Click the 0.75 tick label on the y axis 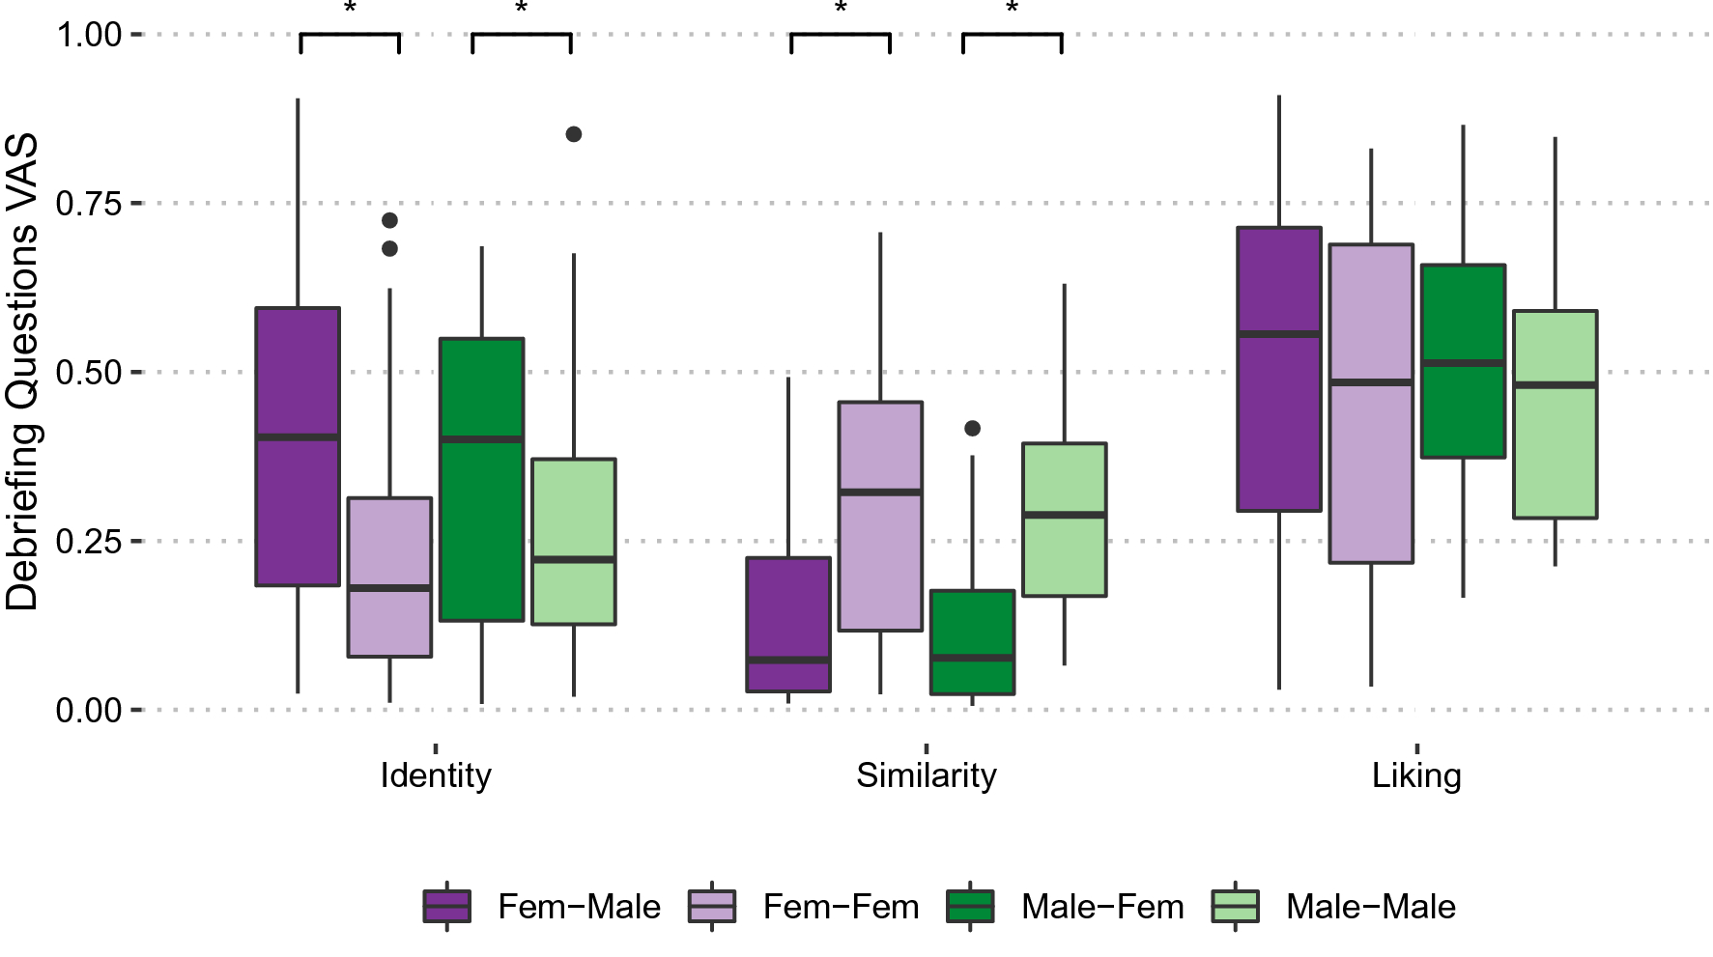(x=89, y=204)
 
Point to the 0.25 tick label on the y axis (x=89, y=541)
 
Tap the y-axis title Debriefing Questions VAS (x=23, y=372)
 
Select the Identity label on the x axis (x=436, y=775)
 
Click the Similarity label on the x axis (x=926, y=775)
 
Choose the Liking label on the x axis (x=1416, y=775)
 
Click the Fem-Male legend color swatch (x=447, y=907)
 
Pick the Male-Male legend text (x=1370, y=907)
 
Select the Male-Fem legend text (x=1102, y=907)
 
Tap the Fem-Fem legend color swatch (x=712, y=907)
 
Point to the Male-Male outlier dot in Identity (x=574, y=134)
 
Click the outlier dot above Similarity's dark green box (x=972, y=428)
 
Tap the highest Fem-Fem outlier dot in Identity (x=389, y=220)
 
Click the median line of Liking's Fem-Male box (x=1279, y=334)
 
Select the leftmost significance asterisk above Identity (x=350, y=9)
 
